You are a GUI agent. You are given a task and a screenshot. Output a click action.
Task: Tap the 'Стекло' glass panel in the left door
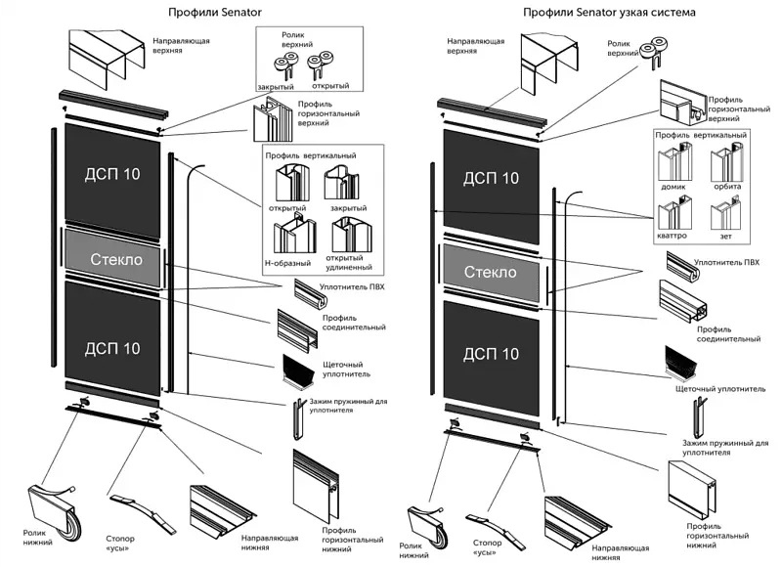click(116, 260)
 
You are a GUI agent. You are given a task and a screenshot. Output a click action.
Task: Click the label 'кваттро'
click(675, 236)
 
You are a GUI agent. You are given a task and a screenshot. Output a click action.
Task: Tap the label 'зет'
click(724, 236)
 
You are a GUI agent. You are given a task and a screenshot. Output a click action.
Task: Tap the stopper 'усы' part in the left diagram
click(134, 507)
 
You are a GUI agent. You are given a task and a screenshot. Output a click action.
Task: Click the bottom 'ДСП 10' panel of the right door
click(490, 352)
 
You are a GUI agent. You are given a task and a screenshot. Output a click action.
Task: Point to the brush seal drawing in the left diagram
click(296, 370)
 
